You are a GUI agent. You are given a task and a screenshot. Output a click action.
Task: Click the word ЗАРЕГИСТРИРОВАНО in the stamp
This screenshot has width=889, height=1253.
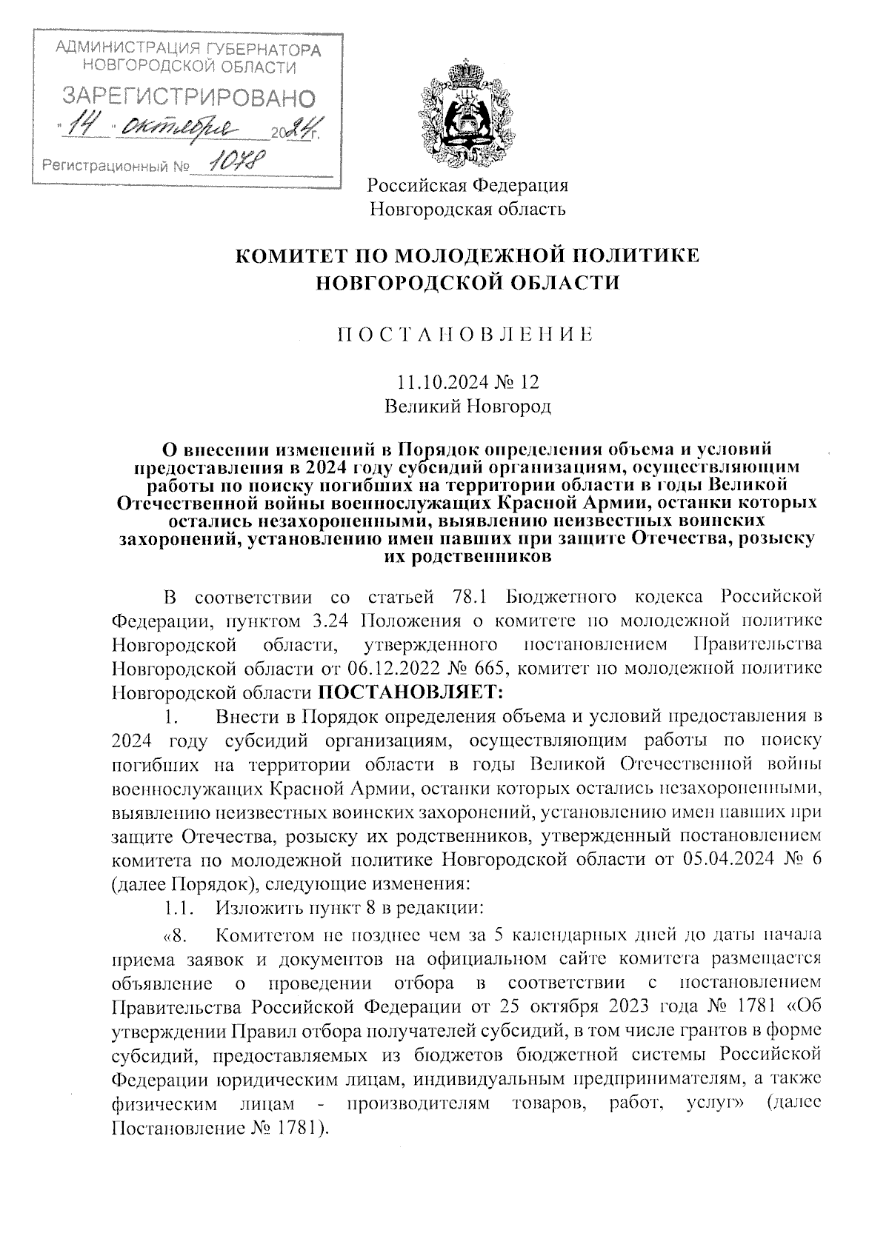[186, 97]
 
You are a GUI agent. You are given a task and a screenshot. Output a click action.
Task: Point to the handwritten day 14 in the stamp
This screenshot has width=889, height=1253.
[86, 128]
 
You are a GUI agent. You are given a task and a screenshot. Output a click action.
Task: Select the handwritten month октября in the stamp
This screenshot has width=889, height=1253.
[182, 128]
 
